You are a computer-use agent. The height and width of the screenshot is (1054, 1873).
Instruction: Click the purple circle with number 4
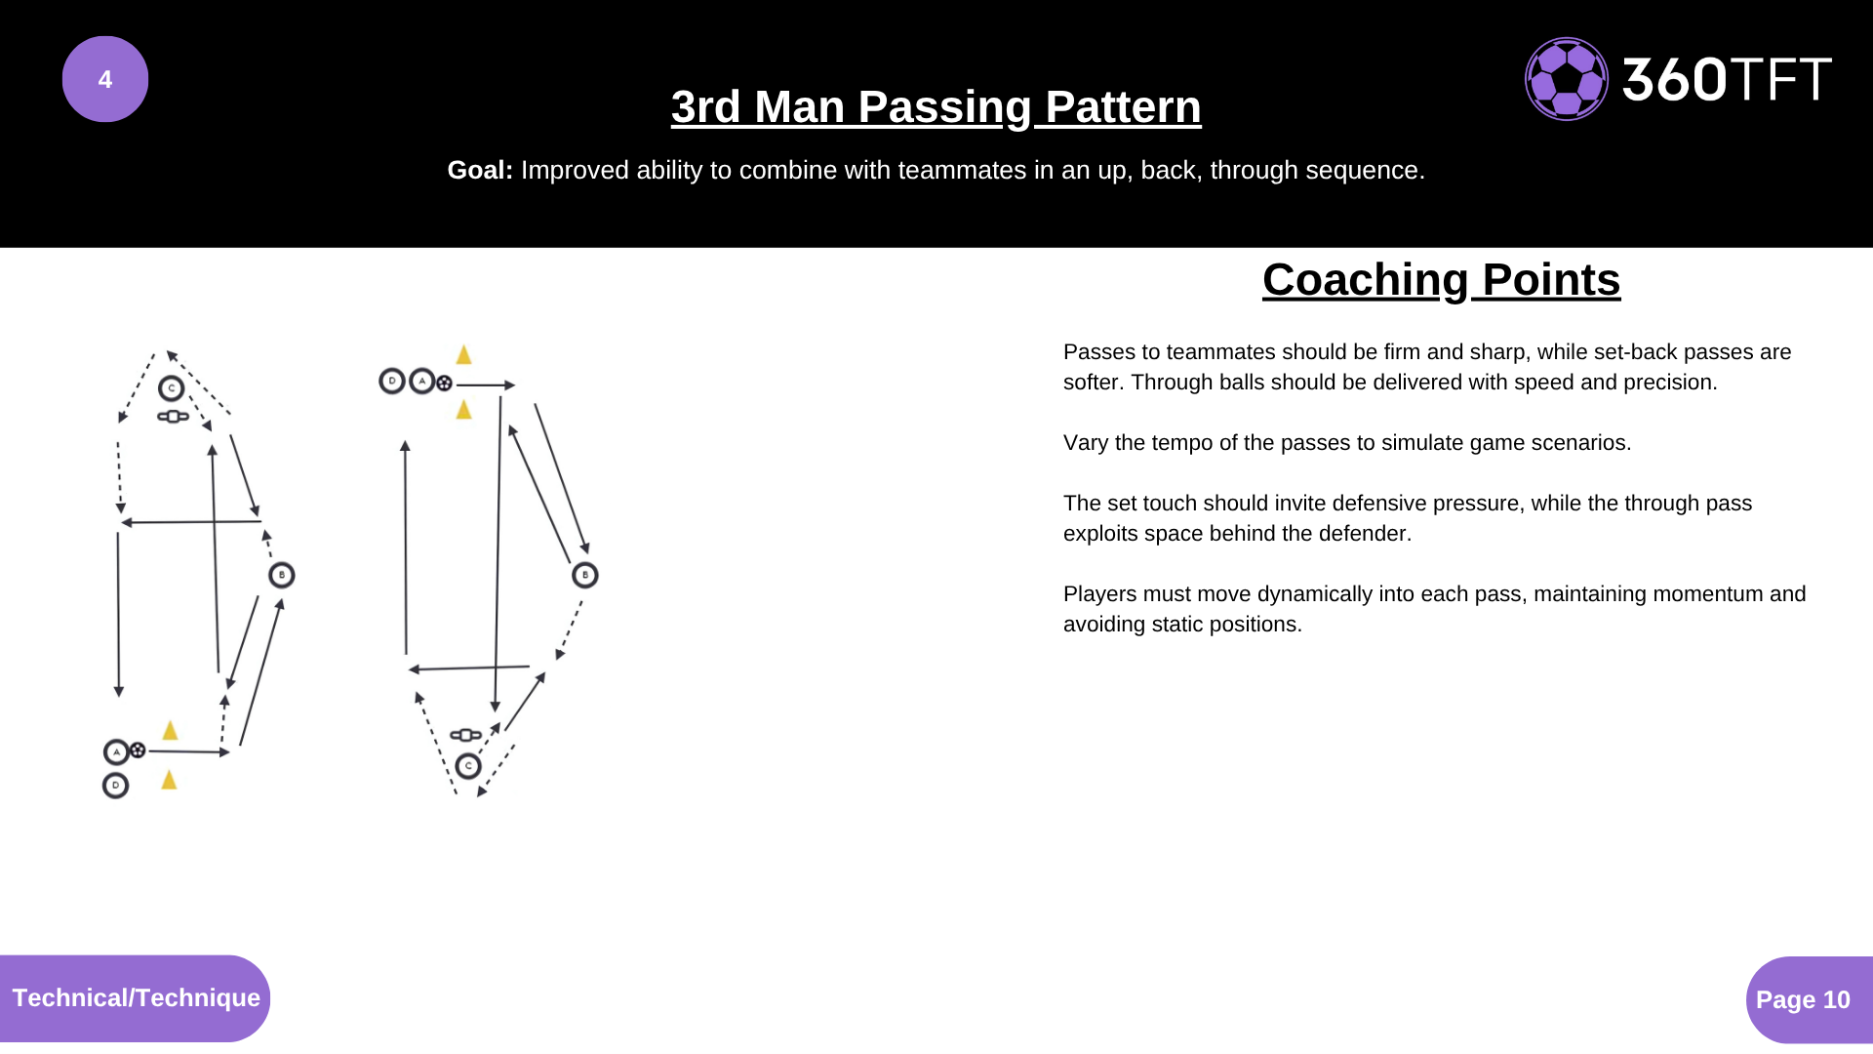point(105,79)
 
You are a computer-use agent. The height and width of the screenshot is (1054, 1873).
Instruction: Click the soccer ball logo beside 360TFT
point(1567,79)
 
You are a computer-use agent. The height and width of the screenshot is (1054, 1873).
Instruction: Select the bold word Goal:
point(480,170)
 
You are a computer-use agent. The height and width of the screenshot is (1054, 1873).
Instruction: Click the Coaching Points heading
point(1441,280)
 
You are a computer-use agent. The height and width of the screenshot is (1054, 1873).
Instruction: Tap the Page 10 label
point(1803,999)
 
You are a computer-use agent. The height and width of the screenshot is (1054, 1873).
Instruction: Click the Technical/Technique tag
point(136,997)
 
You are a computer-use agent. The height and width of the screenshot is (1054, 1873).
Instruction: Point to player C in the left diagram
point(172,388)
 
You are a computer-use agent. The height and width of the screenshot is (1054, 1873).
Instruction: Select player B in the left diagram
point(282,575)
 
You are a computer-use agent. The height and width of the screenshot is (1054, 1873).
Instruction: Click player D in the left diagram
point(116,785)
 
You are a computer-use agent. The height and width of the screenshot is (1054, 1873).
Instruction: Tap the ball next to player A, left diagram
point(139,750)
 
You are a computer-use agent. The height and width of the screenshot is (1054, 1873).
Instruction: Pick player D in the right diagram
point(392,381)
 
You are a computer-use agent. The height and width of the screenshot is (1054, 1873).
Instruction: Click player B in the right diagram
point(585,575)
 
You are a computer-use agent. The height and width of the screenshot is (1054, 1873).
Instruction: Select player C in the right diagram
point(468,766)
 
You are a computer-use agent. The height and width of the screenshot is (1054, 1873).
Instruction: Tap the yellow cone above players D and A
point(464,354)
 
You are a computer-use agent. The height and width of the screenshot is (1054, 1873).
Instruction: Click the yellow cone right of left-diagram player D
point(169,779)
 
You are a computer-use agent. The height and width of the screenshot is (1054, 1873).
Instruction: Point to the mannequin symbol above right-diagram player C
point(465,735)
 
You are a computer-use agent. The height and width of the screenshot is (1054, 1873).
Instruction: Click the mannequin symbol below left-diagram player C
point(174,417)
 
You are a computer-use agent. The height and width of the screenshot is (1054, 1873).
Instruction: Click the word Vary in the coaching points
point(1086,443)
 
